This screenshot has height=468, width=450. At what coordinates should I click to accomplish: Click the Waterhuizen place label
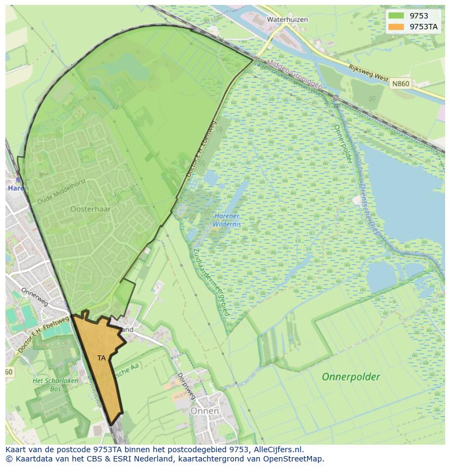(287, 19)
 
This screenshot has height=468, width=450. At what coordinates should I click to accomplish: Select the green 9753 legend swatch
(396, 16)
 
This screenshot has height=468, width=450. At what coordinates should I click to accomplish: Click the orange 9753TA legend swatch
(396, 27)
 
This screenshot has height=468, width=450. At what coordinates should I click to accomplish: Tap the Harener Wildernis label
(227, 220)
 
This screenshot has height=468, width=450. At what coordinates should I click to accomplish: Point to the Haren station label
(17, 188)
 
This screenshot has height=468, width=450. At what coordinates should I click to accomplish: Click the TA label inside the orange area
(102, 358)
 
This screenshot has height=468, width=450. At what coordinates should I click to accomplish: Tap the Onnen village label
(204, 411)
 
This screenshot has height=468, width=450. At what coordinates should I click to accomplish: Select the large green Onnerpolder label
(351, 376)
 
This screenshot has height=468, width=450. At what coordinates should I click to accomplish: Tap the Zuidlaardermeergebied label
(211, 282)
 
